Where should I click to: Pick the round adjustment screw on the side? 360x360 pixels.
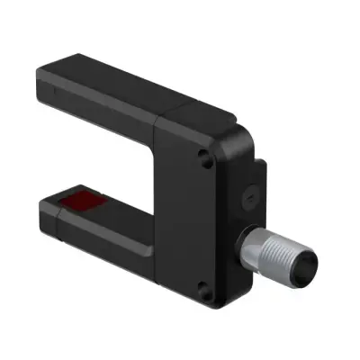pyautogui.click(x=248, y=193)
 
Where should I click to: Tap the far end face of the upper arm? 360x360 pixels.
pyautogui.click(x=45, y=85)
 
